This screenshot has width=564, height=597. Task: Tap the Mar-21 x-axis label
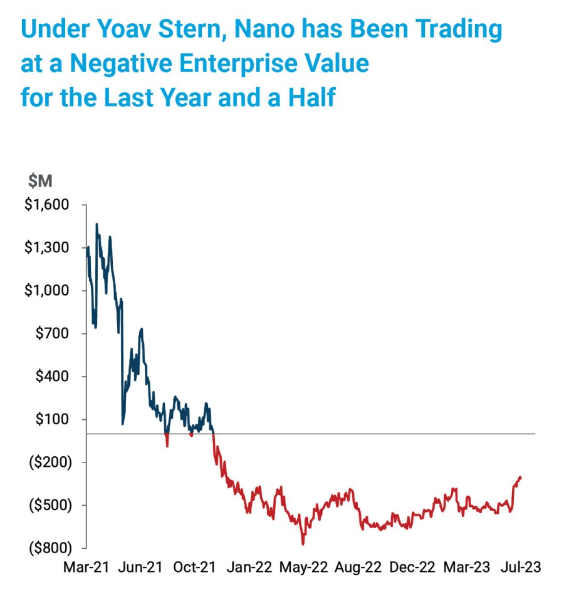(x=86, y=567)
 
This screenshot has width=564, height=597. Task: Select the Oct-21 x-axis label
(x=194, y=567)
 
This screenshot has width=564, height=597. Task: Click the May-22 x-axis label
(x=304, y=567)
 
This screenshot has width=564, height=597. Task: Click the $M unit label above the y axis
(x=40, y=181)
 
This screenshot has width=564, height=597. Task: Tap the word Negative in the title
(x=112, y=64)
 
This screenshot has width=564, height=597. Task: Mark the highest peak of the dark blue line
(x=97, y=224)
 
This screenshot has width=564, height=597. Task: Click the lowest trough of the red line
(x=303, y=544)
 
